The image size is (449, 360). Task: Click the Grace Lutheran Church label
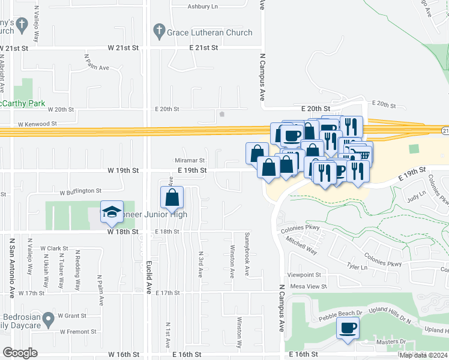pyautogui.click(x=210, y=32)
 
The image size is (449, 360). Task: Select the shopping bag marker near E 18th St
pyautogui.click(x=172, y=198)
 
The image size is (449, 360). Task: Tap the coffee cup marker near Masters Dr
pyautogui.click(x=348, y=329)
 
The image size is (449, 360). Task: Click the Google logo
pyautogui.click(x=20, y=353)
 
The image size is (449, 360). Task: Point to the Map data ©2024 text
pyautogui.click(x=423, y=355)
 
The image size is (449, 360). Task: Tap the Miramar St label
pyautogui.click(x=190, y=161)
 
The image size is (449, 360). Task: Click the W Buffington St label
pyautogui.click(x=80, y=191)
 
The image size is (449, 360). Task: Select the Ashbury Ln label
pyautogui.click(x=203, y=7)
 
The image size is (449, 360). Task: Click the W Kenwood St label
pyautogui.click(x=37, y=124)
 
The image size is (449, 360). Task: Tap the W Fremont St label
pyautogui.click(x=77, y=331)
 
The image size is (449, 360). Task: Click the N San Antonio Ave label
pyautogui.click(x=11, y=266)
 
